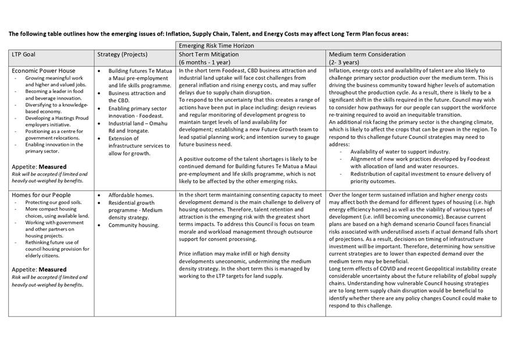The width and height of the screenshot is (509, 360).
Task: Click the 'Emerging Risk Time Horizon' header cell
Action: tap(216, 45)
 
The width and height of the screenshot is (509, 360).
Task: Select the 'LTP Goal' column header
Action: tap(23, 55)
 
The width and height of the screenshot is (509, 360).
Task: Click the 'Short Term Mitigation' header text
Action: tap(210, 55)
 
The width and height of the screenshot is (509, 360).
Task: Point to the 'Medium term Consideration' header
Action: tap(367, 55)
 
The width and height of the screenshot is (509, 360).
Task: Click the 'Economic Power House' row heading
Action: tap(44, 71)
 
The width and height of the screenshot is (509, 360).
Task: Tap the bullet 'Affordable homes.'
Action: tap(131, 195)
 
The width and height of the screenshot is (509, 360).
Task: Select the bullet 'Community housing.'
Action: tap(134, 225)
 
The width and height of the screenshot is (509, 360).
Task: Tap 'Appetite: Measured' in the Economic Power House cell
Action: tap(39, 166)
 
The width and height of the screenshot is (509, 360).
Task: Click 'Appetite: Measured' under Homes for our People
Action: tap(39, 270)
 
